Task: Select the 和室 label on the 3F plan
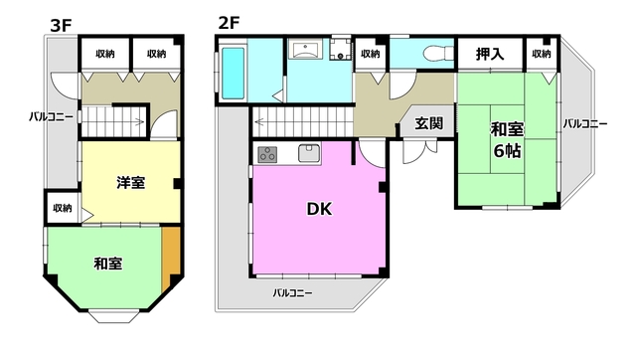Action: (108, 264)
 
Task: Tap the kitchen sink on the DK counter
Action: (308, 153)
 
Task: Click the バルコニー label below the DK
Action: (292, 293)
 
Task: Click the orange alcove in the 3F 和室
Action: (172, 253)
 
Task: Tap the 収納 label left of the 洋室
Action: (62, 209)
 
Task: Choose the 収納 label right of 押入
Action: (541, 54)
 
